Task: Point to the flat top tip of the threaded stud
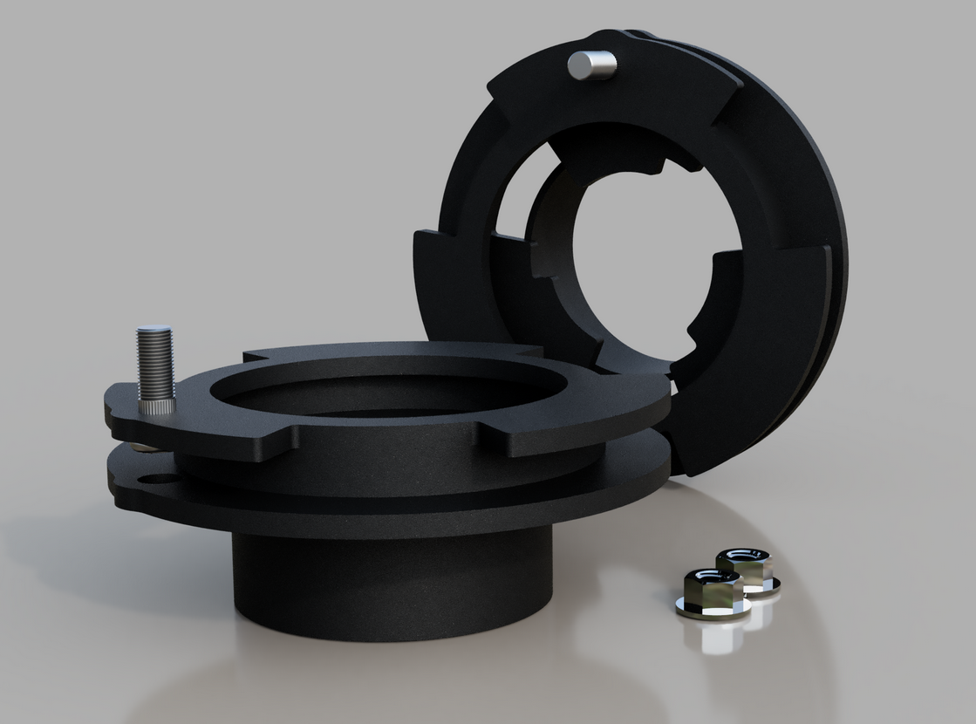click(x=155, y=330)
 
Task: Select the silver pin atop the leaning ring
click(x=591, y=65)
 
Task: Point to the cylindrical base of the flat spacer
click(x=392, y=584)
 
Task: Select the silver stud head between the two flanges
click(x=145, y=447)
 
